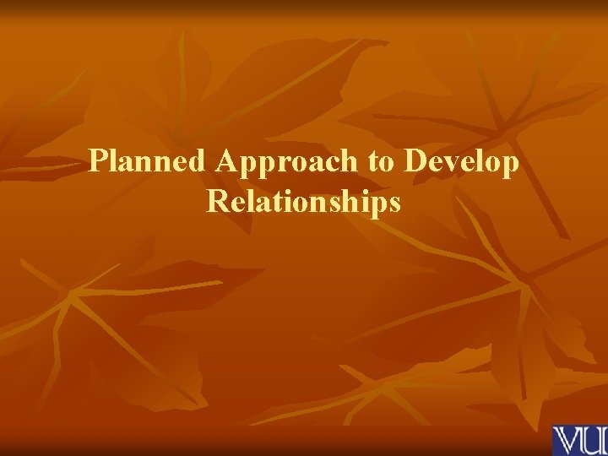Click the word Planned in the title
click(x=147, y=161)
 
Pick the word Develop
click(x=462, y=161)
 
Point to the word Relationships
click(x=303, y=203)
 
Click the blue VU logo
click(x=579, y=440)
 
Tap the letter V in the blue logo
click(x=565, y=441)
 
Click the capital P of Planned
click(x=98, y=160)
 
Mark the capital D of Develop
click(x=417, y=160)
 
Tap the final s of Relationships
click(x=394, y=203)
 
